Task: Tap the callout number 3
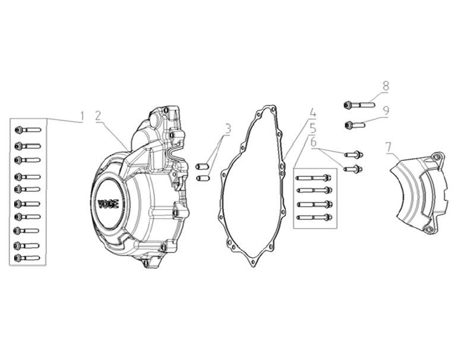(x=227, y=128)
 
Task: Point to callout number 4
(x=313, y=113)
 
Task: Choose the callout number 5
(x=313, y=127)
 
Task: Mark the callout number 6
(x=313, y=143)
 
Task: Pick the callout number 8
(x=386, y=86)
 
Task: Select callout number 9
(x=386, y=110)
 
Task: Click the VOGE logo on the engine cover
(x=108, y=203)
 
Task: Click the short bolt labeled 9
(x=355, y=125)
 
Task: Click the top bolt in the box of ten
(x=27, y=130)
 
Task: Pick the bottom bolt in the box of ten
(x=27, y=258)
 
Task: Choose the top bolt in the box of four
(x=315, y=177)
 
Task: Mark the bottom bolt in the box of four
(x=315, y=217)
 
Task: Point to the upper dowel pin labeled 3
(x=202, y=166)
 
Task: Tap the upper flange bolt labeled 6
(x=355, y=154)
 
